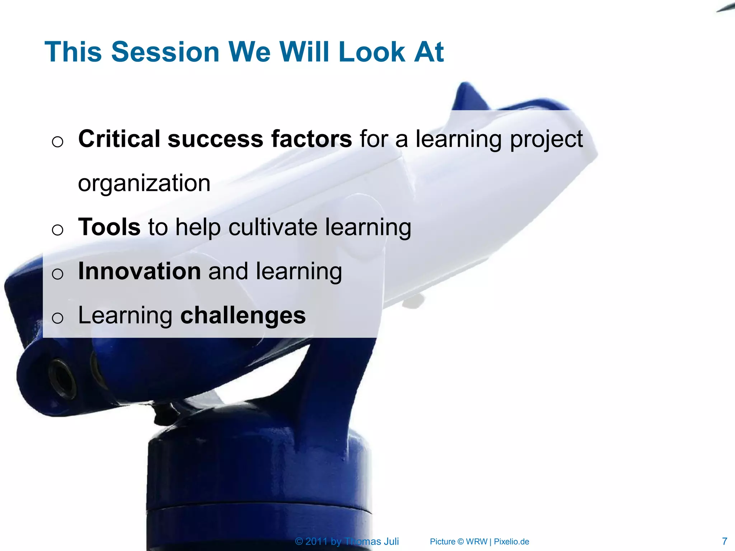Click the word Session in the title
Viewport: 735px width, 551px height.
165,52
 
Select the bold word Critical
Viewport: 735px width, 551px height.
119,139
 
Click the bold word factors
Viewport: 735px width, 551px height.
311,139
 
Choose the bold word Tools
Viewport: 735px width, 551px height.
109,227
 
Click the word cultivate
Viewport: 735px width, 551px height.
273,227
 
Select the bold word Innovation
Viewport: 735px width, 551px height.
139,271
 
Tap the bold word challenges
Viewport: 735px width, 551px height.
243,315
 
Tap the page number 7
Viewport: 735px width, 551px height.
724,541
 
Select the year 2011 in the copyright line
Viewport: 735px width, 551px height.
316,541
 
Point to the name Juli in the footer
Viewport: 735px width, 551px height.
391,541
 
